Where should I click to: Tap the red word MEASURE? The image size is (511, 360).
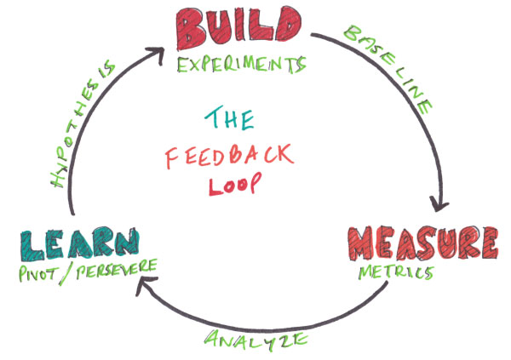pos(421,243)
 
